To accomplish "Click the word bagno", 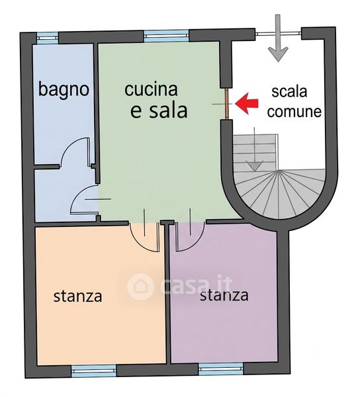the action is tap(64, 89).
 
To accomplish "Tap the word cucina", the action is tap(151, 89).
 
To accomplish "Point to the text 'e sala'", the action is tap(159, 111).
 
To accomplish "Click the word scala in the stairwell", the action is tap(289, 91).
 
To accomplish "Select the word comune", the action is tap(294, 111).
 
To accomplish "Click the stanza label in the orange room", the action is tap(77, 296).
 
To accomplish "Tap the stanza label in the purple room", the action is tap(224, 295).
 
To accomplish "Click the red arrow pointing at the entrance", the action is tap(247, 103).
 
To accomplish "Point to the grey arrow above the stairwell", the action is tap(278, 38).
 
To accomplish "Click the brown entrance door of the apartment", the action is tap(227, 104).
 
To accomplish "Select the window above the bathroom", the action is tap(48, 37).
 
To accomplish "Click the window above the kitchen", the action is tap(166, 36).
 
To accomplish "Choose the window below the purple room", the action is tap(221, 369).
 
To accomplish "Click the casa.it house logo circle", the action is tap(140, 287).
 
